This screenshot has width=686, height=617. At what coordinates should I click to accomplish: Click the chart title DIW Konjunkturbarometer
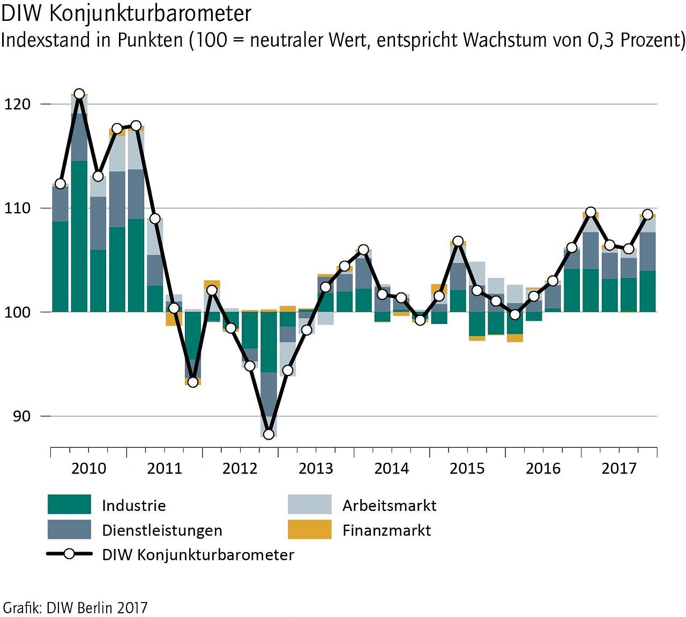click(126, 14)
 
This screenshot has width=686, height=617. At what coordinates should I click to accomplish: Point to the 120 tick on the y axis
click(17, 104)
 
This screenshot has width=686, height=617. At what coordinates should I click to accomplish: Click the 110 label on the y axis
click(17, 208)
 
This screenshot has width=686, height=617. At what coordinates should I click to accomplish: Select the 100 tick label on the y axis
click(17, 312)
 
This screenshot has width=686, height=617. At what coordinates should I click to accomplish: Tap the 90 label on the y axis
click(21, 416)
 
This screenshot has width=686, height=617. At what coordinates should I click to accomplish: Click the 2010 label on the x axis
click(89, 469)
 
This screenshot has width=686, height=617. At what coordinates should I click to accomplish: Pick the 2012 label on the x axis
click(240, 469)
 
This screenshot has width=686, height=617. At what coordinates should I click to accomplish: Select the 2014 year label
click(391, 469)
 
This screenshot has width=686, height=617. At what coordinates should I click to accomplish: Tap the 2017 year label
click(618, 469)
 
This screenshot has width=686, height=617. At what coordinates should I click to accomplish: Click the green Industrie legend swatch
click(69, 505)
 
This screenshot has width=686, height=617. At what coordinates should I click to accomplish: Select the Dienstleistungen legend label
click(162, 530)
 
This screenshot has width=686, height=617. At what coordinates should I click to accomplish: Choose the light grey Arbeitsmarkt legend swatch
click(309, 505)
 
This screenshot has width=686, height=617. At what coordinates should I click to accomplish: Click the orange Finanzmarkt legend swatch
click(309, 530)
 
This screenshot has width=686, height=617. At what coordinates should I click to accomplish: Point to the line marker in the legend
click(69, 554)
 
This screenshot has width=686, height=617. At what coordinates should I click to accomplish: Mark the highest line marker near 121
click(79, 94)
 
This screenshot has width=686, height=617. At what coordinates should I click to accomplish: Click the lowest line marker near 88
click(269, 434)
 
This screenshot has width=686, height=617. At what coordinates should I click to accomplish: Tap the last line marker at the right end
click(647, 215)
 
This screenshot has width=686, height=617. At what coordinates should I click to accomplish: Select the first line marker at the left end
click(60, 184)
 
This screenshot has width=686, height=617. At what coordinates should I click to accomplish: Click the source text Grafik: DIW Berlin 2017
click(74, 608)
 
